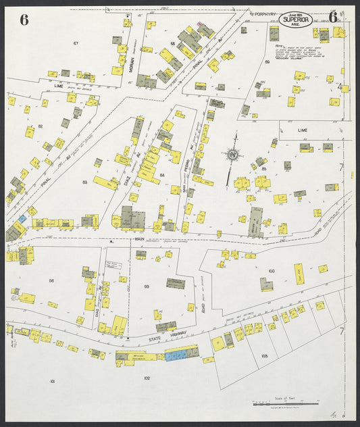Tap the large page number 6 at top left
(24, 19)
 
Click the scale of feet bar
(286, 403)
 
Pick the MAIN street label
(139, 239)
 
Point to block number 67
(76, 43)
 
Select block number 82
(41, 126)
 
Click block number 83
(85, 182)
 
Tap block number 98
(51, 280)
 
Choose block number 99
(146, 286)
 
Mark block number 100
(271, 271)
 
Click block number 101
(52, 382)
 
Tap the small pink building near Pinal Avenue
(200, 24)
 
